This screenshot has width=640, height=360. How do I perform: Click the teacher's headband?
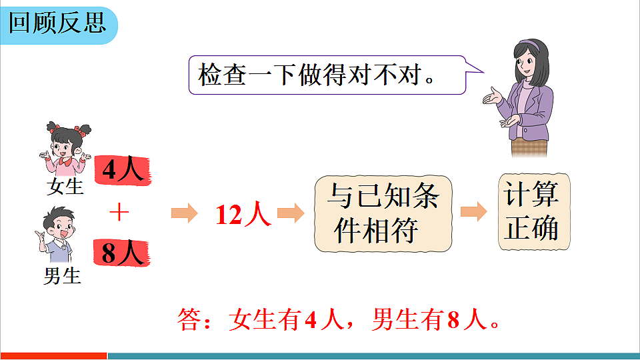[530, 46]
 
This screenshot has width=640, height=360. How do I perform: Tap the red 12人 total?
[243, 214]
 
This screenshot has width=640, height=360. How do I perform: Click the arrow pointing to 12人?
[185, 213]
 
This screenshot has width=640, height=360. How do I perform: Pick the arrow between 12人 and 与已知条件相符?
[291, 213]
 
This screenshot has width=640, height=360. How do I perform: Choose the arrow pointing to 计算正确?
[474, 212]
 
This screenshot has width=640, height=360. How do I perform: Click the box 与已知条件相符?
[383, 213]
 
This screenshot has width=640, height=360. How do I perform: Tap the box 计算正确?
[534, 212]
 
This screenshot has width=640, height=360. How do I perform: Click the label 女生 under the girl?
[65, 186]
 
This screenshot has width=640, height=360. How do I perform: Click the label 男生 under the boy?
[62, 275]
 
